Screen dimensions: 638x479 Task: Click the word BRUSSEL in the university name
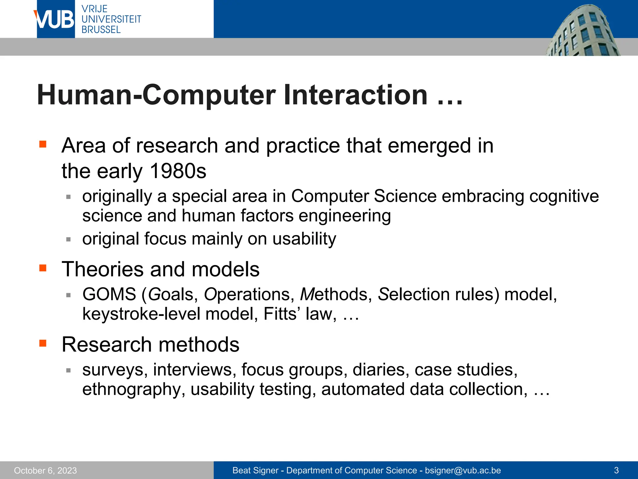pyautogui.click(x=101, y=30)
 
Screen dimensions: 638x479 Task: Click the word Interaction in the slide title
pyautogui.click(x=355, y=95)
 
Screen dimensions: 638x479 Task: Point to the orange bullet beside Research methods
pyautogui.click(x=43, y=343)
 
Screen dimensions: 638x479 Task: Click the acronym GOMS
pyautogui.click(x=109, y=294)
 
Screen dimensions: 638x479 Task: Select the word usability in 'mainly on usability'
pyautogui.click(x=304, y=239)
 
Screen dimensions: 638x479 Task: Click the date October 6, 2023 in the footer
pyautogui.click(x=45, y=470)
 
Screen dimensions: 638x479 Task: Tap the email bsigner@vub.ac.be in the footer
pyautogui.click(x=463, y=470)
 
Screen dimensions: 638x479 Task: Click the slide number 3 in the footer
pyautogui.click(x=616, y=470)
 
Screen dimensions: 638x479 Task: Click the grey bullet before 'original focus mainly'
pyautogui.click(x=69, y=239)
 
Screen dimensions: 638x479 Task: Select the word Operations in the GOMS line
pyautogui.click(x=249, y=294)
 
